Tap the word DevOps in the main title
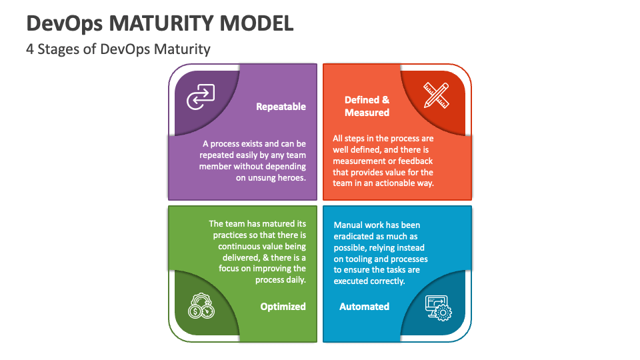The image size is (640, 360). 65,24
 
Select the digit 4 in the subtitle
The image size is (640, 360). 30,49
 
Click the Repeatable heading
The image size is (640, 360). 281,107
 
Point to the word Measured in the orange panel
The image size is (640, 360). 367,113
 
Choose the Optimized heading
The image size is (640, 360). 283,307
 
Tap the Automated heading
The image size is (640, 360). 364,307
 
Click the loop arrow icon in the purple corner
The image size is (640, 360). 201,97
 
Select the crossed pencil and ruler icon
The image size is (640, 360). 436,95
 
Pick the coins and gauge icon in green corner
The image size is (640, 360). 201,306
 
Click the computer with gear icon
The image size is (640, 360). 439,308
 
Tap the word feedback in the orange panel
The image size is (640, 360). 415,161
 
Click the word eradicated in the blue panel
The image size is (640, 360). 354,236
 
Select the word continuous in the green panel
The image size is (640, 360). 239,247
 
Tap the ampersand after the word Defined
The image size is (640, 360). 386,100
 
